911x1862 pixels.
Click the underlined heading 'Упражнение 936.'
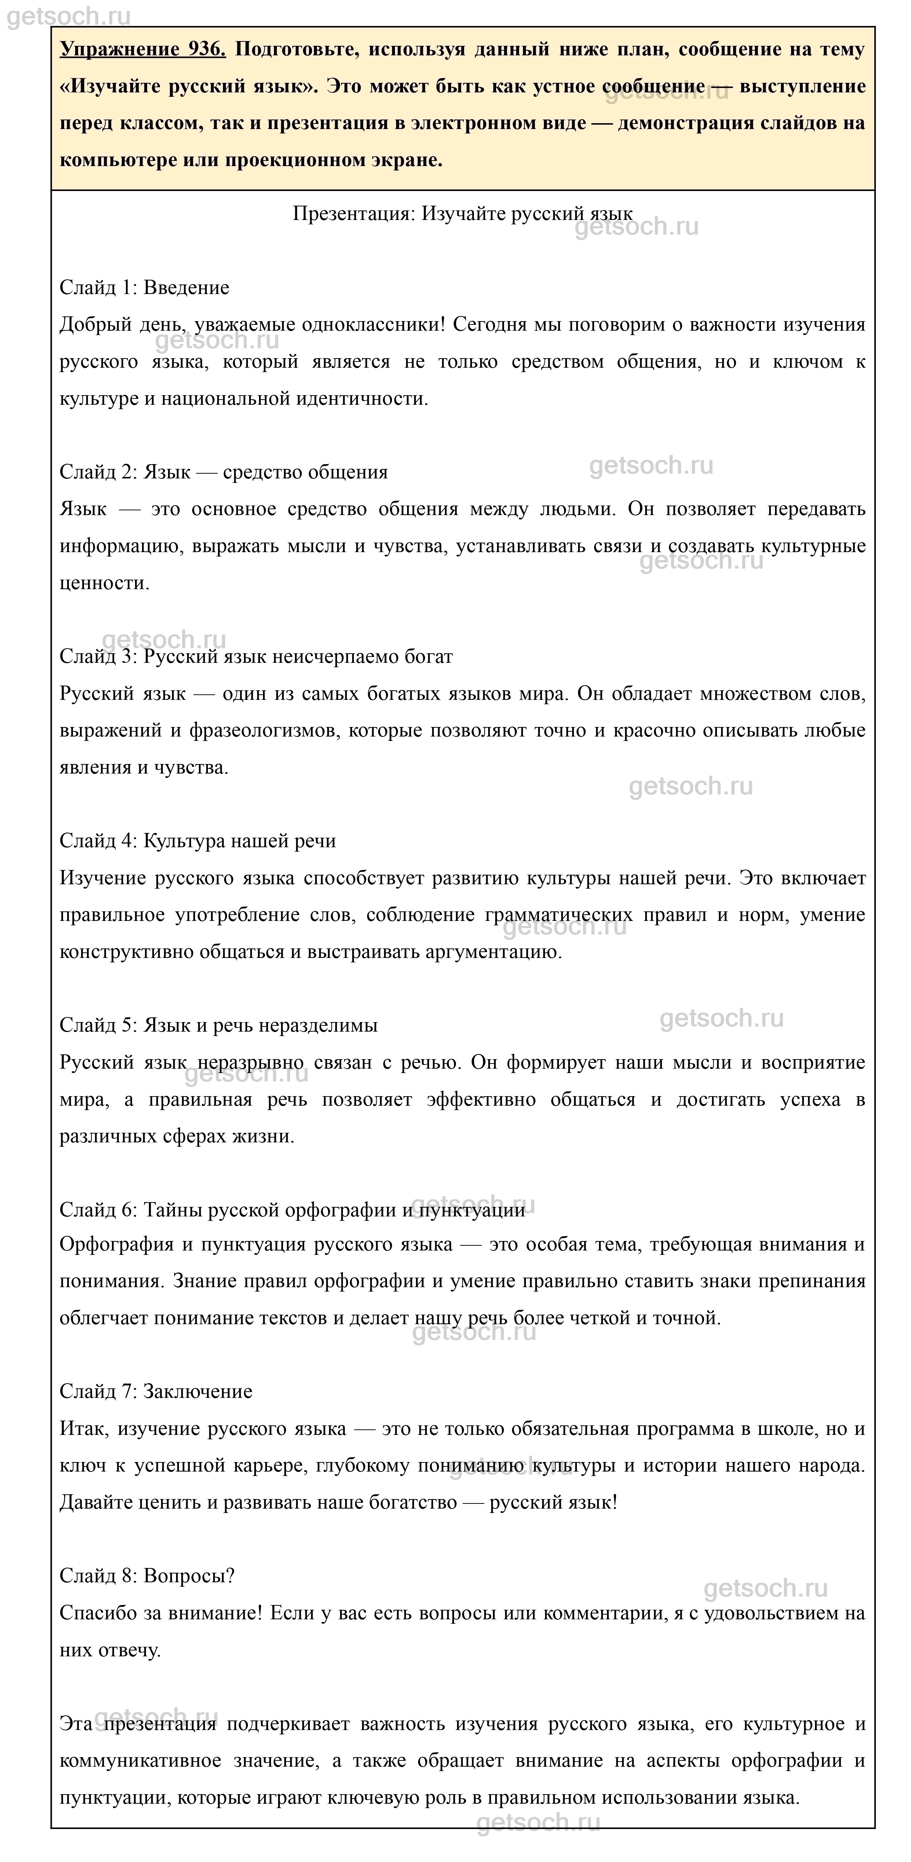click(142, 49)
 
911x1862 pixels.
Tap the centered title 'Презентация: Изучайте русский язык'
click(463, 214)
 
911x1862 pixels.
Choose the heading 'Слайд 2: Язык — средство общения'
click(223, 472)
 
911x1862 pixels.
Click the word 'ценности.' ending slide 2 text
click(105, 583)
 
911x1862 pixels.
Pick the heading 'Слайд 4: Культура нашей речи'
click(197, 841)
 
